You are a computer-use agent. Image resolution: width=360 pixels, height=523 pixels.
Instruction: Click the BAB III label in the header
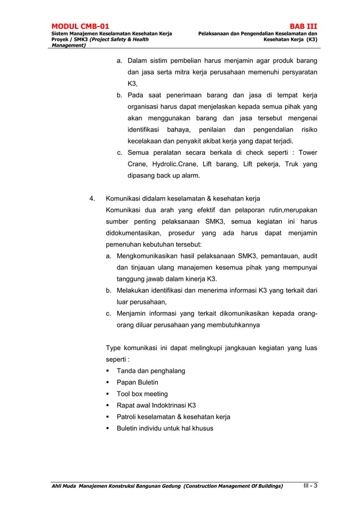pyautogui.click(x=304, y=26)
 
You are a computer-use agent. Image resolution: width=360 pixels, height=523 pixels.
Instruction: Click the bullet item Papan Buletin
pyautogui.click(x=137, y=382)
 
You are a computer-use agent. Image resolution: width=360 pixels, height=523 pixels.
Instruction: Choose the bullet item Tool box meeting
pyautogui.click(x=142, y=394)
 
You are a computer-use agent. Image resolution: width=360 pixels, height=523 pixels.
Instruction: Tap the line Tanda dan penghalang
pyautogui.click(x=151, y=371)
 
